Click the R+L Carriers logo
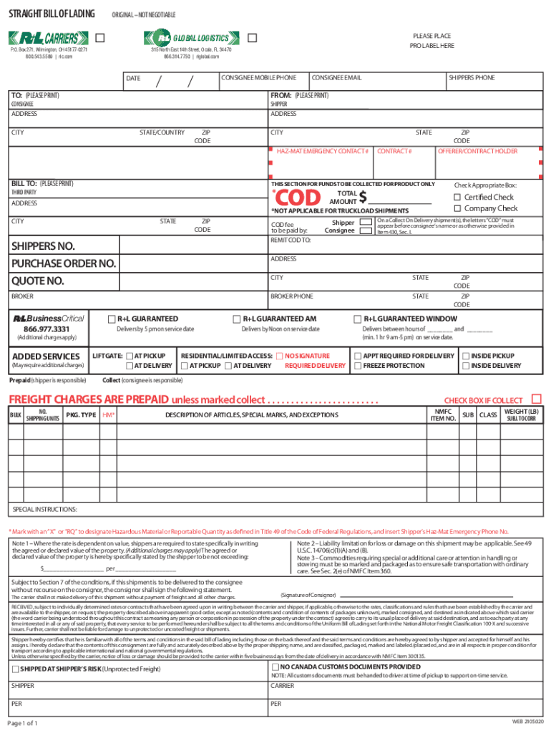pyautogui.click(x=49, y=38)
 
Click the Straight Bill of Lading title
pyautogui.click(x=49, y=15)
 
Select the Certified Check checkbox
pyautogui.click(x=457, y=198)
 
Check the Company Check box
pyautogui.click(x=457, y=209)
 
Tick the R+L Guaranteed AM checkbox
pyautogui.click(x=237, y=319)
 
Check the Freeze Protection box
pyautogui.click(x=357, y=366)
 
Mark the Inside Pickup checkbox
pyautogui.click(x=465, y=356)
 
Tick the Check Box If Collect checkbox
pyautogui.click(x=536, y=398)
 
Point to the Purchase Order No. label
pyautogui.click(x=63, y=263)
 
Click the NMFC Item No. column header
pyautogui.click(x=442, y=414)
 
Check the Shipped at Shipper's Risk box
pyautogui.click(x=15, y=668)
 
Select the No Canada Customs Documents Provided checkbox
pyautogui.click(x=275, y=666)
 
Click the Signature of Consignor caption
pyautogui.click(x=308, y=595)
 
